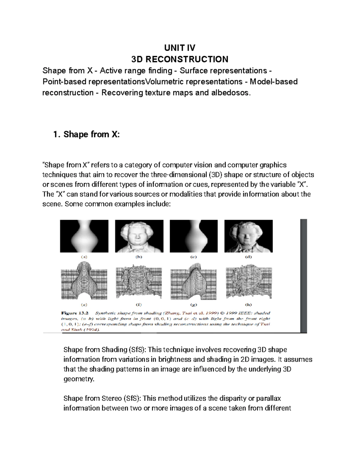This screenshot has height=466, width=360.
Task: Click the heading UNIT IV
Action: [180, 48]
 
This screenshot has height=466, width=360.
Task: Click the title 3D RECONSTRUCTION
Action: [180, 59]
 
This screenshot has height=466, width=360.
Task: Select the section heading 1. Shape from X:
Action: [86, 134]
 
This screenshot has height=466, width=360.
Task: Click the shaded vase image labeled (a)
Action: [84, 236]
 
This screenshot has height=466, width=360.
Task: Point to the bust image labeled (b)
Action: [139, 236]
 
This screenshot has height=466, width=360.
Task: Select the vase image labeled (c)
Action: [193, 236]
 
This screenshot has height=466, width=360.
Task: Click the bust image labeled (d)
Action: [248, 236]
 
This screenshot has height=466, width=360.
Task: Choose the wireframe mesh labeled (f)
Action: [139, 282]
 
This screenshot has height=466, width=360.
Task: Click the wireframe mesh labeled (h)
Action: [248, 282]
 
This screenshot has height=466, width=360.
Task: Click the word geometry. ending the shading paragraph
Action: [79, 379]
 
